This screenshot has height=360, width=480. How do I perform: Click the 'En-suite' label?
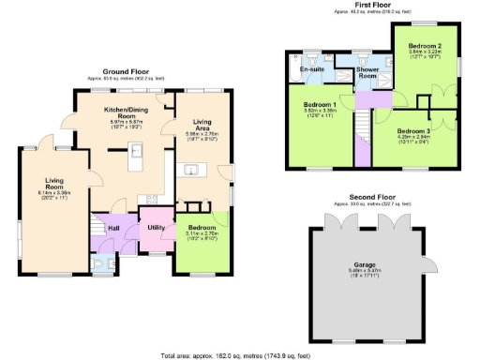(x=311, y=69)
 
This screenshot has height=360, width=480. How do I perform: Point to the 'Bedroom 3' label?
(x=413, y=131)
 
